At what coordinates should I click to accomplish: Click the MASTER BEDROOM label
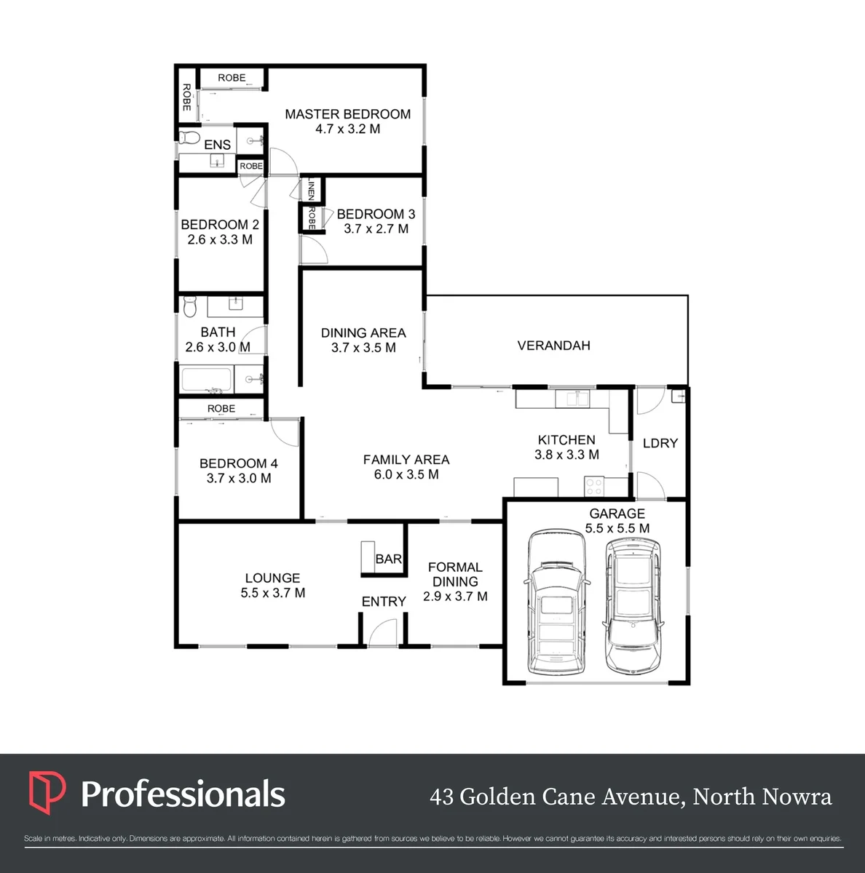click(347, 114)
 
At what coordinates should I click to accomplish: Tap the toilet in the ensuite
click(189, 137)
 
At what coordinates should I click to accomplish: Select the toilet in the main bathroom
click(190, 307)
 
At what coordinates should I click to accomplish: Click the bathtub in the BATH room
click(206, 380)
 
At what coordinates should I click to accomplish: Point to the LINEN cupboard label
click(311, 189)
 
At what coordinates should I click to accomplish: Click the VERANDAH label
click(554, 346)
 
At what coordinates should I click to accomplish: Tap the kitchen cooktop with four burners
click(593, 487)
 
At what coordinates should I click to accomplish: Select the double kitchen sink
click(572, 399)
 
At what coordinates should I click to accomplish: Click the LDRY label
click(660, 443)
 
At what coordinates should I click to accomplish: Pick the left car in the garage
click(556, 602)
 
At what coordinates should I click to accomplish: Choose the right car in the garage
click(633, 606)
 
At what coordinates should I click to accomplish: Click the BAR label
click(389, 559)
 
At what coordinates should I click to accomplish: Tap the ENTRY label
click(384, 602)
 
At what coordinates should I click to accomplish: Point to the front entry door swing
click(383, 632)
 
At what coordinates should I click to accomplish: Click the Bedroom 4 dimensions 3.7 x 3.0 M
click(239, 479)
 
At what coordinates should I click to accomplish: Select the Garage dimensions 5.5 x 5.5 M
click(617, 528)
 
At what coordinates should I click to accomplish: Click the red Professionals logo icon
click(47, 793)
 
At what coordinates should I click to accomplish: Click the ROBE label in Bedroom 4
click(221, 409)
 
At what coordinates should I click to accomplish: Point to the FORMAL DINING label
click(455, 575)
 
